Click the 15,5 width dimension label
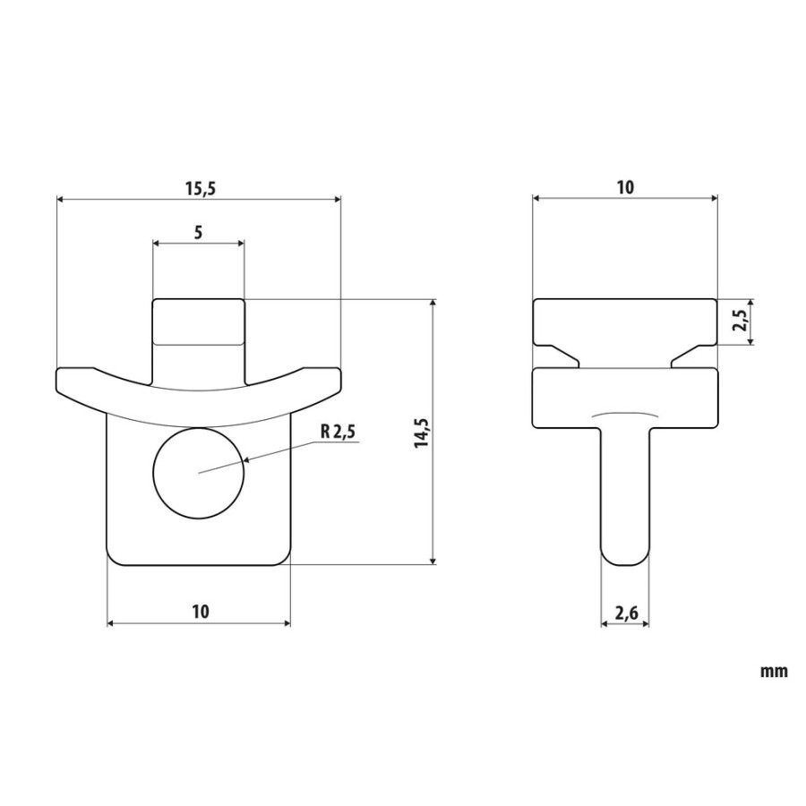click(x=199, y=189)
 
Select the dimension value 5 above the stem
click(x=199, y=232)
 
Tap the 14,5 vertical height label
click(x=422, y=433)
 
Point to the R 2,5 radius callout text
click(x=338, y=432)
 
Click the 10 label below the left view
click(x=201, y=612)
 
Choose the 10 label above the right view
click(x=625, y=188)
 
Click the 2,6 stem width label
click(x=626, y=613)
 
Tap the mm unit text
click(x=774, y=672)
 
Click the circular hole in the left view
click(x=199, y=473)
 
